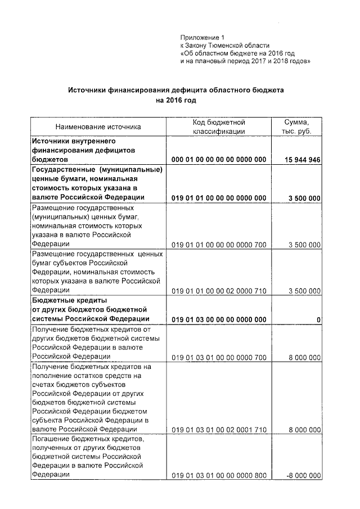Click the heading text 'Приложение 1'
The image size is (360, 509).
coord(201,38)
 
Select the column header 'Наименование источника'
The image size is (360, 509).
coord(98,127)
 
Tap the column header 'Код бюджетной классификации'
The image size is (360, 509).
coord(219,127)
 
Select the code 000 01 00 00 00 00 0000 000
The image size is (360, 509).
coord(219,160)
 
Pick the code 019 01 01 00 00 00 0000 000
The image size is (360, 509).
coord(219,198)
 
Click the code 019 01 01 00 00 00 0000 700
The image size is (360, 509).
coord(219,244)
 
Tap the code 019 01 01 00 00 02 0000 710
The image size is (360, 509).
coord(219,291)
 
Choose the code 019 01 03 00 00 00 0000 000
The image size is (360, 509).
coord(219,320)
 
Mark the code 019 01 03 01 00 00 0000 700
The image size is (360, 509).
coord(219,357)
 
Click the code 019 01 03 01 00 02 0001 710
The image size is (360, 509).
coord(219,430)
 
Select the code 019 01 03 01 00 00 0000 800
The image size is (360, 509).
coord(219,476)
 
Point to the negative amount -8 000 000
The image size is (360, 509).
coord(303,476)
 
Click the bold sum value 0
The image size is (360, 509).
coord(318,320)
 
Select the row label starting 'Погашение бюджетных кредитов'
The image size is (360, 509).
coord(89,438)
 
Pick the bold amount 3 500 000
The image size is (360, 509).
coord(304,198)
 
